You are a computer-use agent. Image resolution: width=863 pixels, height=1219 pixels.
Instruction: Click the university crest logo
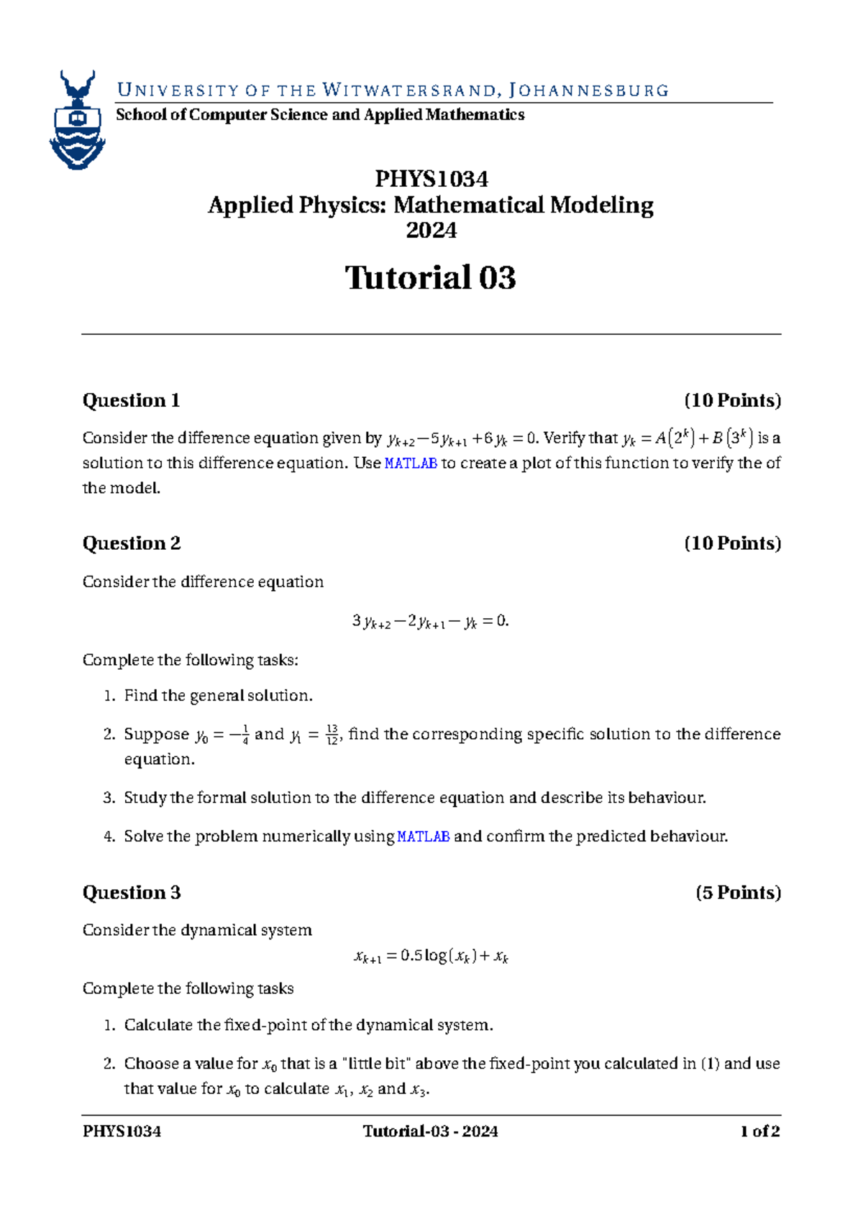click(x=78, y=120)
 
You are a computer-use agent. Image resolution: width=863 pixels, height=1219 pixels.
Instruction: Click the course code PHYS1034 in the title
click(x=431, y=178)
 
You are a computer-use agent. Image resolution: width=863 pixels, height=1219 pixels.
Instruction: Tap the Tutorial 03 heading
click(x=431, y=278)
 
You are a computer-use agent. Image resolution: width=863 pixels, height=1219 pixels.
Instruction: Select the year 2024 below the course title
click(x=431, y=231)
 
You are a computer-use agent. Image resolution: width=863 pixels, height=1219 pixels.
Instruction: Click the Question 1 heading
click(x=131, y=400)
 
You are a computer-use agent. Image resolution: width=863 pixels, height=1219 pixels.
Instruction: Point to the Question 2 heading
click(x=132, y=543)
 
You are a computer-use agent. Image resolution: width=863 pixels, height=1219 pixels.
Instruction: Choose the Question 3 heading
click(x=132, y=893)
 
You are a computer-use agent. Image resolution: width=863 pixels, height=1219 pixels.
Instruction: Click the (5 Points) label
click(x=738, y=893)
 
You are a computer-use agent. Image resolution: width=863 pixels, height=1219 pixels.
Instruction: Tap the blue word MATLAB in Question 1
click(x=411, y=464)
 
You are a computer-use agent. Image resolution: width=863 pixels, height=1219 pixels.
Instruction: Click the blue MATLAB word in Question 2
click(x=424, y=837)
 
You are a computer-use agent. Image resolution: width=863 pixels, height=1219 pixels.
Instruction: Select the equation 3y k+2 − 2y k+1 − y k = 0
click(x=431, y=622)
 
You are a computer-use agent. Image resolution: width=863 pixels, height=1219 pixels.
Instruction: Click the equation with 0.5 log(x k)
click(x=431, y=957)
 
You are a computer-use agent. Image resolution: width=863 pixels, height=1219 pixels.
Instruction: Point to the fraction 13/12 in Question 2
click(x=332, y=735)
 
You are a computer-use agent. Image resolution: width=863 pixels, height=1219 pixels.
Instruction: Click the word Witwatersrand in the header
click(x=409, y=91)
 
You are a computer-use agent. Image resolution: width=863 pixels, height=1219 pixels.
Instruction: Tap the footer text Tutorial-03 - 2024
click(x=431, y=1131)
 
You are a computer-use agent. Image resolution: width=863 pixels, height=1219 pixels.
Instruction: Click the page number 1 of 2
click(x=760, y=1131)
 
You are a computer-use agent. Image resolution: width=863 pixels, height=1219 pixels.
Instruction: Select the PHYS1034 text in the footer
click(x=122, y=1131)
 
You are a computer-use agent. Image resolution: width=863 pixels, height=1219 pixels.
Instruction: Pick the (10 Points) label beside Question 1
click(x=732, y=400)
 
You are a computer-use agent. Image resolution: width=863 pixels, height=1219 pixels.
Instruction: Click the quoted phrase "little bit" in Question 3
click(x=380, y=1064)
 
